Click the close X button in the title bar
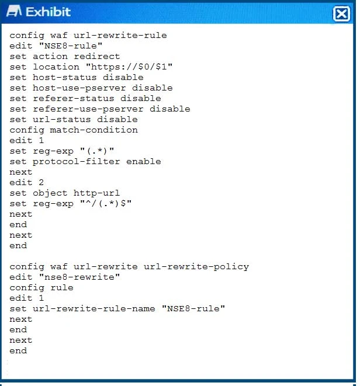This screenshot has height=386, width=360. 341,14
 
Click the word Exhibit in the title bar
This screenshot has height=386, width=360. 49,12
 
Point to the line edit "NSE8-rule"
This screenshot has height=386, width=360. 56,46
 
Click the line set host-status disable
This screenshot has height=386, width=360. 77,78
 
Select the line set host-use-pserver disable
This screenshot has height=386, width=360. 91,88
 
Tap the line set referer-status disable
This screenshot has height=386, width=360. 85,99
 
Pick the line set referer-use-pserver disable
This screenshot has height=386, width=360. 100,109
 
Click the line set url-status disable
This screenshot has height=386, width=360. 74,120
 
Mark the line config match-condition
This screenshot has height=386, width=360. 74,130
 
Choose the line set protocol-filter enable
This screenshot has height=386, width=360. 85,162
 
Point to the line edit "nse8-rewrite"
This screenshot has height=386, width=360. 65,277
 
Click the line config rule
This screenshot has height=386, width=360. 41,288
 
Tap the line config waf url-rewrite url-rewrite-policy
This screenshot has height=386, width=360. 129,267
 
